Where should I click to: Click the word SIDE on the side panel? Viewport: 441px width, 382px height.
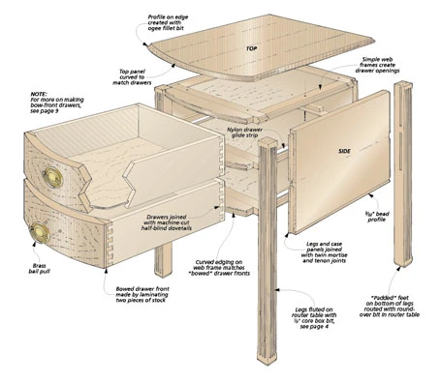[344, 153]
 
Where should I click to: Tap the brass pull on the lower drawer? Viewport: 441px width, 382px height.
[41, 232]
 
